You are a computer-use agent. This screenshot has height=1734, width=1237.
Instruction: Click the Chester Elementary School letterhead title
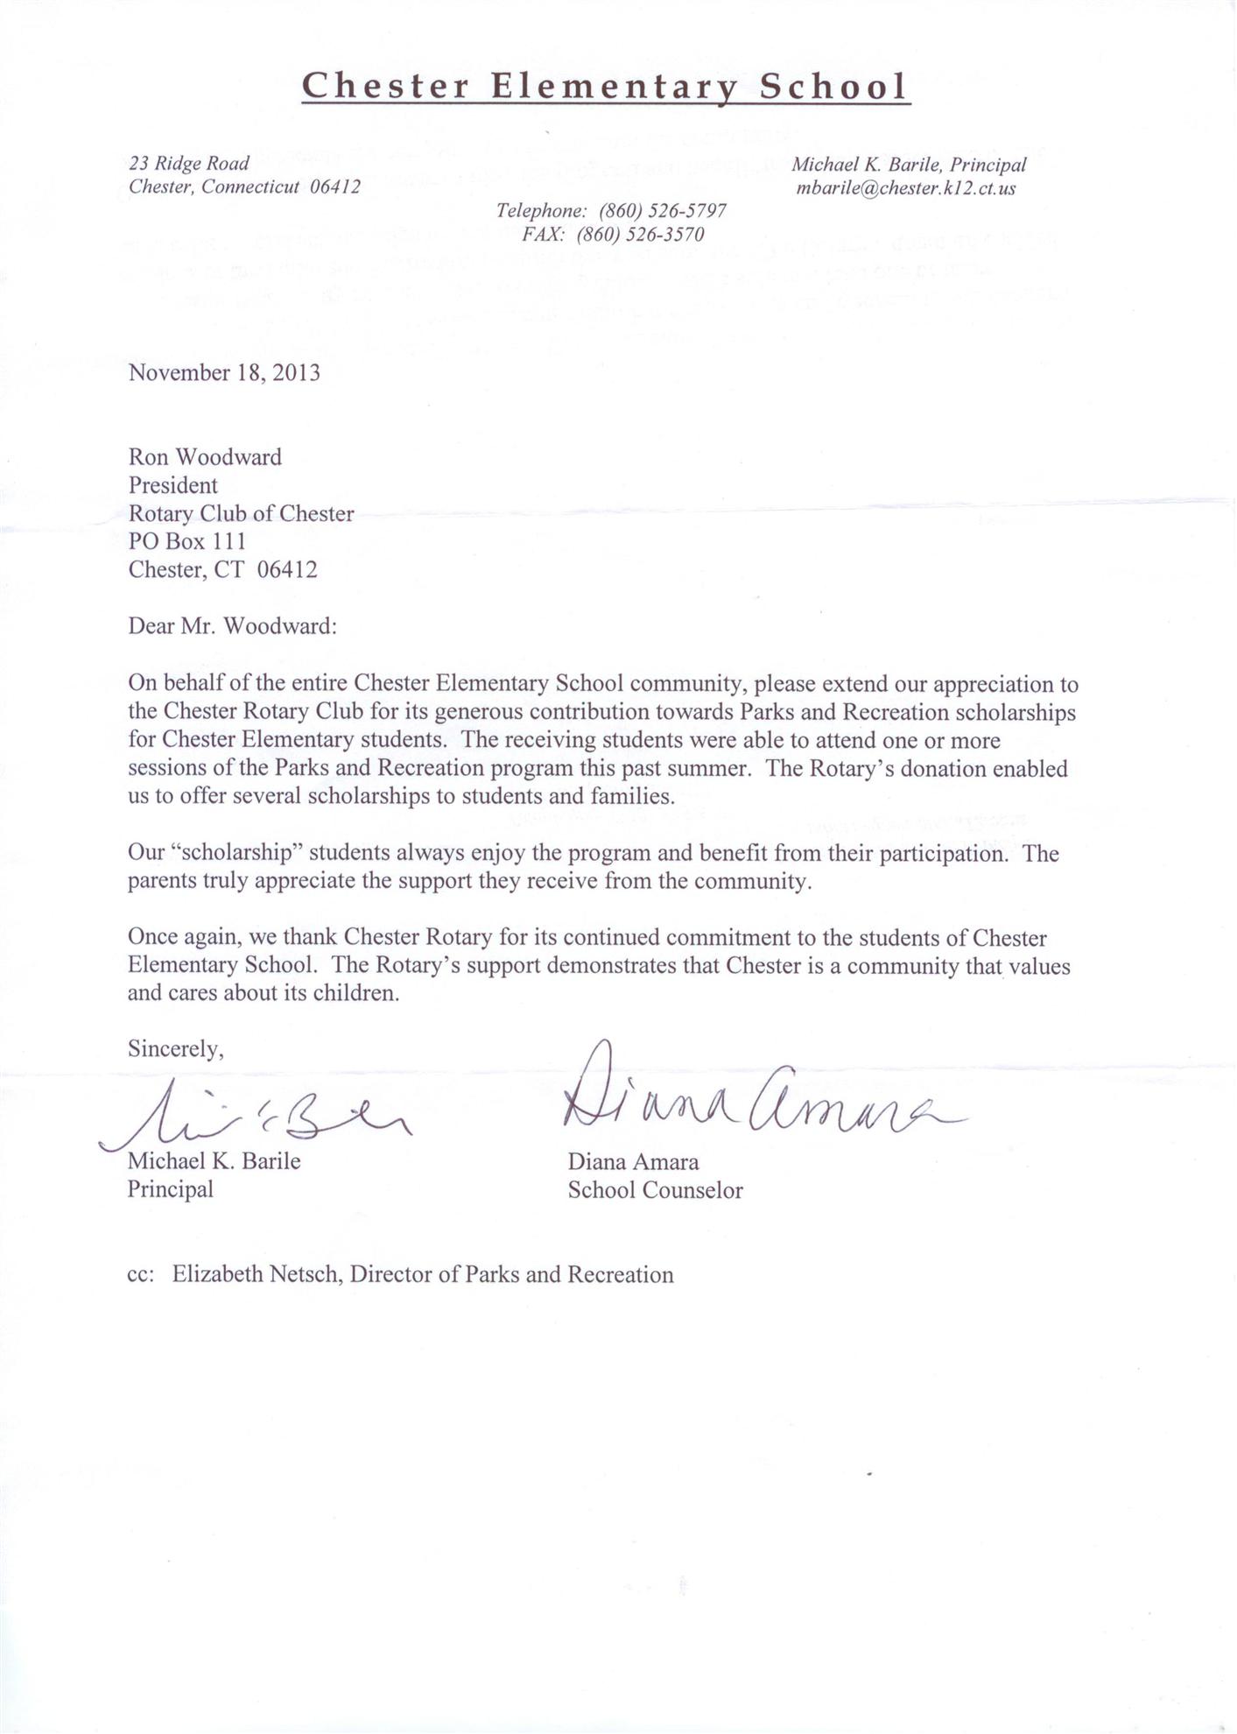tap(605, 87)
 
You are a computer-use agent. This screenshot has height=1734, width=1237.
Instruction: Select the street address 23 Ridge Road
tap(189, 164)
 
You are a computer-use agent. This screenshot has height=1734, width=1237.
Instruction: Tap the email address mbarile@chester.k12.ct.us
tap(906, 188)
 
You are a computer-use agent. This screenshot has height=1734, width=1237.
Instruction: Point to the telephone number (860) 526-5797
tap(662, 211)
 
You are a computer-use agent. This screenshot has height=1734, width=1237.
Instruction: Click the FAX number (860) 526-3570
tap(640, 235)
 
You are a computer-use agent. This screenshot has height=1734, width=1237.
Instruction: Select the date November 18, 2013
tap(224, 373)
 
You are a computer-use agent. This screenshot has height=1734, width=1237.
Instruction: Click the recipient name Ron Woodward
tap(205, 457)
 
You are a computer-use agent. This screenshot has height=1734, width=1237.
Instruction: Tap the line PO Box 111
tap(187, 542)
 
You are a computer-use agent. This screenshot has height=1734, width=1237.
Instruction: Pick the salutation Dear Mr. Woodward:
tap(232, 626)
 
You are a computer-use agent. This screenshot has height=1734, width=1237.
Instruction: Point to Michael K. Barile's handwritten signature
tap(263, 1117)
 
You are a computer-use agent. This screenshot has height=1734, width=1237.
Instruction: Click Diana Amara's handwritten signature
tap(753, 1099)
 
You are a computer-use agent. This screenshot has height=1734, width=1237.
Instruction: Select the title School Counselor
tap(655, 1191)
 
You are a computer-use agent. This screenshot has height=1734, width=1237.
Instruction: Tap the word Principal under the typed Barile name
tap(171, 1190)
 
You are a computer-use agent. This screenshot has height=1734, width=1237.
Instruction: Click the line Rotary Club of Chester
tap(241, 514)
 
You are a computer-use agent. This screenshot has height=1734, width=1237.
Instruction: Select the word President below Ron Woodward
tap(173, 485)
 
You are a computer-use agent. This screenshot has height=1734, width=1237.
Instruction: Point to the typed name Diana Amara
tap(633, 1163)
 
